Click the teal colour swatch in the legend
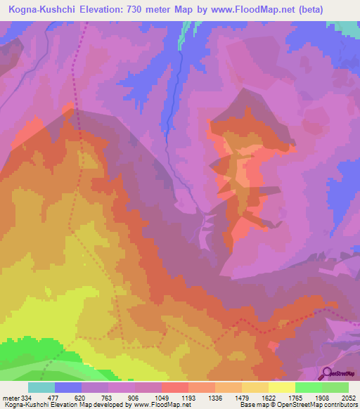point(41,387)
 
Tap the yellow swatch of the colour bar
point(282,387)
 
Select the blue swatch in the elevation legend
point(68,387)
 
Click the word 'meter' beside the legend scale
point(8,396)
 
